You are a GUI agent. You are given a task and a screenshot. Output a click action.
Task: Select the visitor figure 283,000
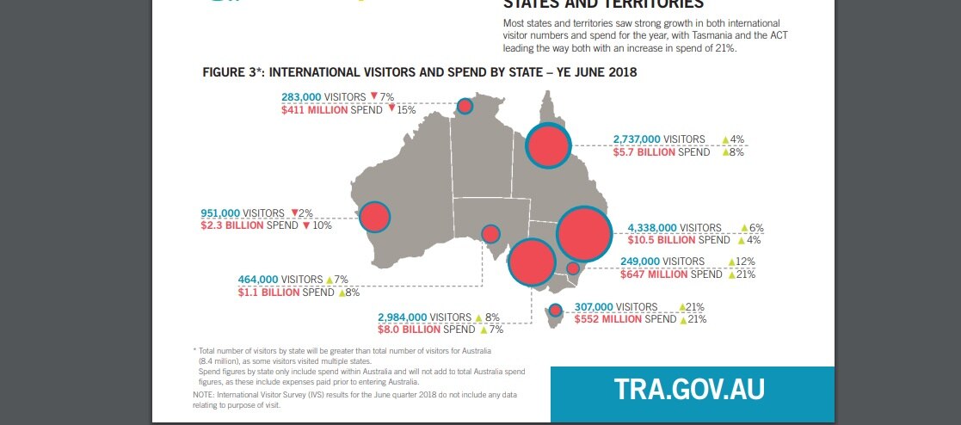(x=301, y=97)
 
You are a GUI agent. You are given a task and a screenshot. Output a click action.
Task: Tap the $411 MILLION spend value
(x=315, y=110)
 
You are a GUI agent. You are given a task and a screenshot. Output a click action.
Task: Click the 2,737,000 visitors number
(x=637, y=139)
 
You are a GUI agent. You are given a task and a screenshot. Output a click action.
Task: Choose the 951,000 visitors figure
(x=220, y=213)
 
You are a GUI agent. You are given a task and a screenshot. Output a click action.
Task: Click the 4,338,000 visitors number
(x=652, y=228)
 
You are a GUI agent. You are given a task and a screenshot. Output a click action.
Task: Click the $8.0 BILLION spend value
(x=409, y=330)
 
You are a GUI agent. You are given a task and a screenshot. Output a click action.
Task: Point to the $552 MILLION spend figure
(x=608, y=319)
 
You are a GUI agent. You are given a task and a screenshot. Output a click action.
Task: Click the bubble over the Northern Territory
(x=465, y=107)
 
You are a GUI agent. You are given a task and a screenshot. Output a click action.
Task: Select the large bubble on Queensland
(x=548, y=146)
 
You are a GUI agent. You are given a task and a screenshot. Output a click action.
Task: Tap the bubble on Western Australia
(x=375, y=218)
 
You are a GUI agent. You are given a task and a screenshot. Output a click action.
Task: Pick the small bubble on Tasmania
(x=555, y=310)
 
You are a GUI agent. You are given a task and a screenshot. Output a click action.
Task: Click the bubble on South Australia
(x=490, y=234)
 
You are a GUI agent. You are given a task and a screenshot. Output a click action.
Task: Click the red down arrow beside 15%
(x=391, y=109)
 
